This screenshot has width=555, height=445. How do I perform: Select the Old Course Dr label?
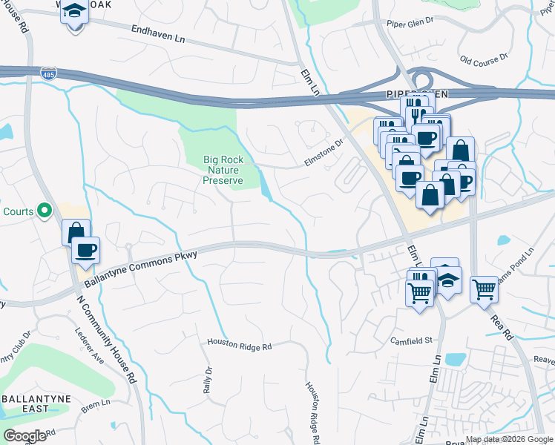click(484, 57)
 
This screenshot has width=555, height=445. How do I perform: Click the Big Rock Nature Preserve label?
click(223, 169)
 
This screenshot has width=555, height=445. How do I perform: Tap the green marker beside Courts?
click(45, 211)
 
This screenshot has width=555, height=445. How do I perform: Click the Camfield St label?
click(412, 340)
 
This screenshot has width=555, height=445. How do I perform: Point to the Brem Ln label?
click(95, 403)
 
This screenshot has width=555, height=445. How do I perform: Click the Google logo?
click(25, 435)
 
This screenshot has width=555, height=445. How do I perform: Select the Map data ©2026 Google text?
click(510, 439)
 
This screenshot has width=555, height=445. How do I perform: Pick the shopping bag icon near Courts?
click(76, 231)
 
